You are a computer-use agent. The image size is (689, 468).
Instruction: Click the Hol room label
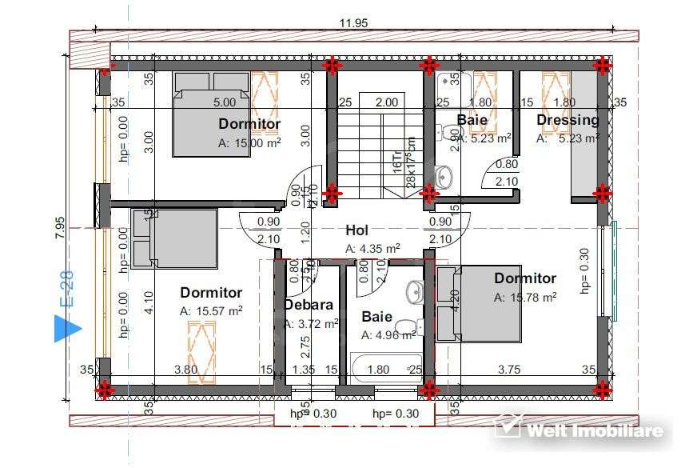coord(356,230)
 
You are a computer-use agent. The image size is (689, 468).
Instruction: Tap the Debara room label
coord(309,305)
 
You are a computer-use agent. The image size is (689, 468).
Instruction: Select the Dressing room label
coord(568,120)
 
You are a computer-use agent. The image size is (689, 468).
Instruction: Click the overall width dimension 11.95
coord(353,23)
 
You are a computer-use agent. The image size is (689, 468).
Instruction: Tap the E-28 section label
coord(67,289)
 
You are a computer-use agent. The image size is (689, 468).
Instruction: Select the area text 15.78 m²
coord(524,297)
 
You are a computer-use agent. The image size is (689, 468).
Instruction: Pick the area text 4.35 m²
coord(372,249)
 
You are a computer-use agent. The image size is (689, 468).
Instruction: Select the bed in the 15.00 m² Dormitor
coord(213,114)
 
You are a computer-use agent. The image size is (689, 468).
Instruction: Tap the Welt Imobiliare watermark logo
coord(579,430)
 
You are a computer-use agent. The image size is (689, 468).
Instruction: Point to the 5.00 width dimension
coord(224,102)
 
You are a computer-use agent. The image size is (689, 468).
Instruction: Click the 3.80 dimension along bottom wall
coord(186,370)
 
